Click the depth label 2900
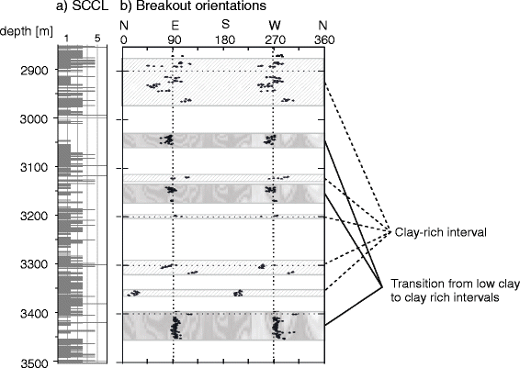click(35, 71)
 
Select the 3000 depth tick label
click(35, 119)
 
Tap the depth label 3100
click(35, 168)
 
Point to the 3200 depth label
click(35, 217)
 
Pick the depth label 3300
click(35, 265)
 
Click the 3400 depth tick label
click(35, 313)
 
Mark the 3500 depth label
click(35, 362)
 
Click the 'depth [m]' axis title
click(27, 32)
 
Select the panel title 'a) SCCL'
click(83, 6)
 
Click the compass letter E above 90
click(175, 26)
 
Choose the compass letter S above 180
click(225, 24)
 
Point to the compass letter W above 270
click(275, 26)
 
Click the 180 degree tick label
click(225, 40)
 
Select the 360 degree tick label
click(324, 40)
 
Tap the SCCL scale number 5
click(97, 39)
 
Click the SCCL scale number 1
click(67, 39)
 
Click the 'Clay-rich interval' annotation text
click(440, 232)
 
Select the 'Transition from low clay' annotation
click(455, 284)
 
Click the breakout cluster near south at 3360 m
click(239, 293)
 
